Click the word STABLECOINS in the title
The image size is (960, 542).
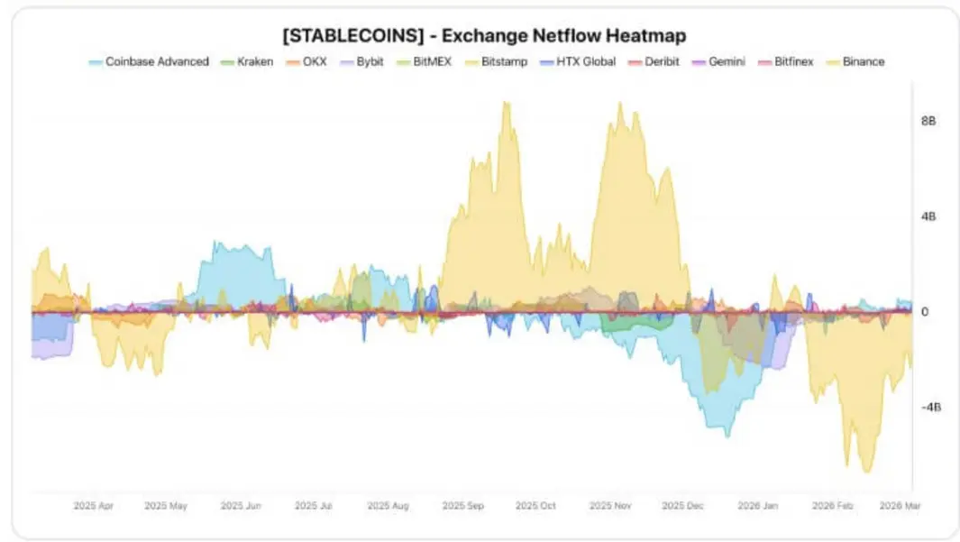(353, 35)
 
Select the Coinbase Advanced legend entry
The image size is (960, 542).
(149, 62)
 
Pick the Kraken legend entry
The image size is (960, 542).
(247, 62)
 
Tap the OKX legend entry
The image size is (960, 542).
(306, 62)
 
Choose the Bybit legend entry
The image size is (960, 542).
(361, 62)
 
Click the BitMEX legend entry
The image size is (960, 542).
(424, 62)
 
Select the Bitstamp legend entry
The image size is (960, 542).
(496, 62)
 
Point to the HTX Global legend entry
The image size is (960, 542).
(577, 62)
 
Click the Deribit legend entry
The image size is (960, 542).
(654, 62)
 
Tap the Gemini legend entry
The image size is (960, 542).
(718, 62)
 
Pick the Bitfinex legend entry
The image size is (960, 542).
(785, 62)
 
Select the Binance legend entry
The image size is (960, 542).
(855, 62)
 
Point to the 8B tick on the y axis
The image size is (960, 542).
(928, 121)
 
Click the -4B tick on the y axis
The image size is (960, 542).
(930, 408)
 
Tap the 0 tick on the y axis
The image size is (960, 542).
(925, 312)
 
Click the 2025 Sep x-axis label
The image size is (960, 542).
(462, 506)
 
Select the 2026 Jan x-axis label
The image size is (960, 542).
(757, 506)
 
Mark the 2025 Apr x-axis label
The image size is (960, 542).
(93, 506)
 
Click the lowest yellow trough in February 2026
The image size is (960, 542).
(867, 472)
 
